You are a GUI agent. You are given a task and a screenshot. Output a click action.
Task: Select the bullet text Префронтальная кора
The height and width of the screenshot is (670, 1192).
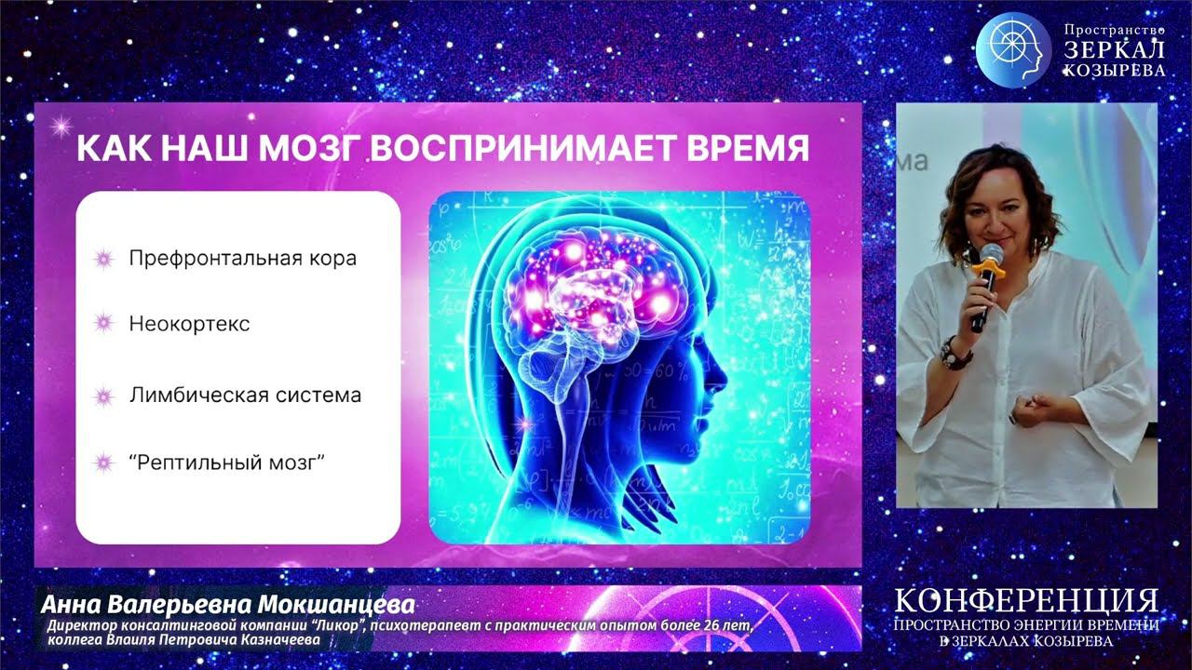click(242, 259)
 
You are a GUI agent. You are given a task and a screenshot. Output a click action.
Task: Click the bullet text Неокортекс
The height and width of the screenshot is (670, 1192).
click(189, 324)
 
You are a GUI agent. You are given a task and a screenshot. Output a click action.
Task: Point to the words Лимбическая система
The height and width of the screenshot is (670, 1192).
click(245, 395)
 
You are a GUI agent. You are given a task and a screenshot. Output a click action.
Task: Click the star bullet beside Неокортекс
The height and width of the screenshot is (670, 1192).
click(104, 324)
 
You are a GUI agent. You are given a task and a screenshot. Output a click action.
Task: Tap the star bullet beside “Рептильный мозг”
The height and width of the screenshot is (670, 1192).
click(104, 462)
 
